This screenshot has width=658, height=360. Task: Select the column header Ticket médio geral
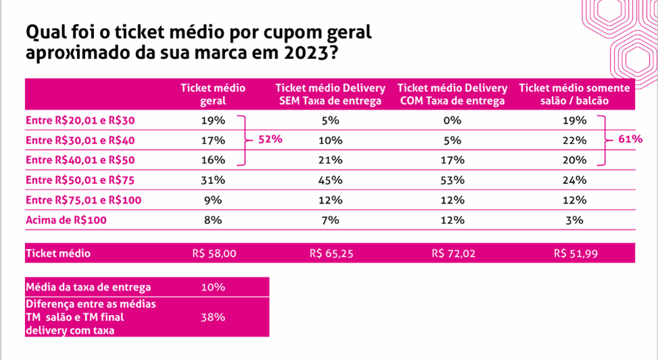[212, 95]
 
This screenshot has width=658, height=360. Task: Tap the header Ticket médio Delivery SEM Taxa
[330, 95]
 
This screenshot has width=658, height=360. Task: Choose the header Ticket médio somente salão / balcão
[574, 95]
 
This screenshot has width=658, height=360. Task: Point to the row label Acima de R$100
[66, 220]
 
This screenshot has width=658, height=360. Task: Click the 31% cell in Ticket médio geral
[212, 181]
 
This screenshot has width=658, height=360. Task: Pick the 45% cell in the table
[331, 181]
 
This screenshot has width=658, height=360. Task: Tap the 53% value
[452, 181]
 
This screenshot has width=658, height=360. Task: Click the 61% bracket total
[630, 139]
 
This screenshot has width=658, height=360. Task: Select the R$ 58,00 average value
[214, 254]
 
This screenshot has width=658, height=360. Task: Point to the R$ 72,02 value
[453, 254]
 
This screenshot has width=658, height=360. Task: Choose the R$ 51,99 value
[575, 254]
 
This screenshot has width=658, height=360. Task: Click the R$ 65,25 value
[331, 254]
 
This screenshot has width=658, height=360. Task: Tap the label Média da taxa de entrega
[88, 287]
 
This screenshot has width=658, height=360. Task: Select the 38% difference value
[212, 317]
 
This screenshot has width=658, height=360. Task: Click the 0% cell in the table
[452, 121]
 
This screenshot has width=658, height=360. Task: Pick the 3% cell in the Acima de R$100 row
[574, 220]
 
